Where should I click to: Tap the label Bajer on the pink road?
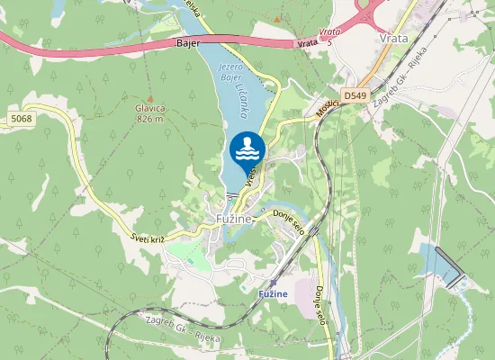pos(187,42)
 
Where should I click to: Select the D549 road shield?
pos(355,94)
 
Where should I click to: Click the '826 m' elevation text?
pos(149,118)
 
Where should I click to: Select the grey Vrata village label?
pos(394,38)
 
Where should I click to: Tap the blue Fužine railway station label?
pos(273,294)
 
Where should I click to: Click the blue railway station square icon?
pos(273,283)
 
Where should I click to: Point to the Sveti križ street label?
pos(146,238)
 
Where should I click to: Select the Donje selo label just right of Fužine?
pos(290,221)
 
